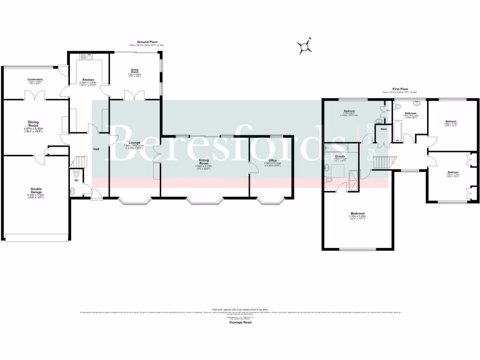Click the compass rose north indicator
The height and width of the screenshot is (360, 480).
305,45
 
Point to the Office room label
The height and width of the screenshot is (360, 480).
272,161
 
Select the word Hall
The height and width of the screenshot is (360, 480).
96,149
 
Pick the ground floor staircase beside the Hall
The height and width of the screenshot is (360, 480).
78,162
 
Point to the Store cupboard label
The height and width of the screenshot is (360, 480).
383,128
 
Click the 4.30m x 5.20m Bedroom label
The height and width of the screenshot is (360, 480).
357,216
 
